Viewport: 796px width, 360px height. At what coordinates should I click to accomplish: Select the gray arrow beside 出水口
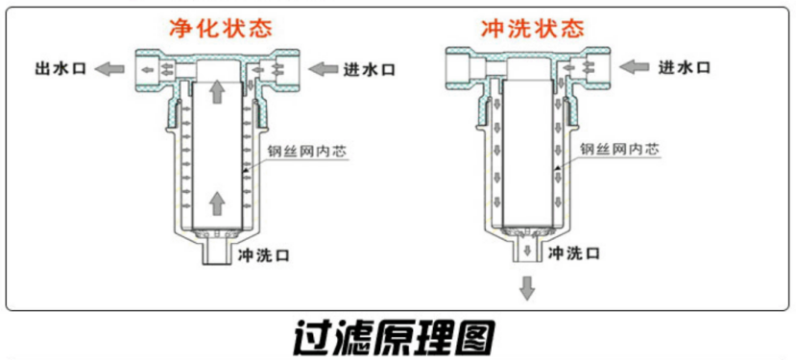coord(114,68)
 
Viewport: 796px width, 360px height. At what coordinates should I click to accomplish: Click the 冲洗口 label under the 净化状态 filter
coord(263,254)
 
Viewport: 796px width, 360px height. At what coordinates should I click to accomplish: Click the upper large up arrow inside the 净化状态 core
coord(217,91)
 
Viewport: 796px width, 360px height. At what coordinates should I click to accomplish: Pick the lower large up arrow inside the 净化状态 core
coord(217,202)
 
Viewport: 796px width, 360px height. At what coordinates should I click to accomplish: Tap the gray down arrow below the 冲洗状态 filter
coord(527,287)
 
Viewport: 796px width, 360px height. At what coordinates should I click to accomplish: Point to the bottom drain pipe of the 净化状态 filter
coord(217,253)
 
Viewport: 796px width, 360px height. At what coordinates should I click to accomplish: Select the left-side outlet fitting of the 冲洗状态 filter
coord(463,68)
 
